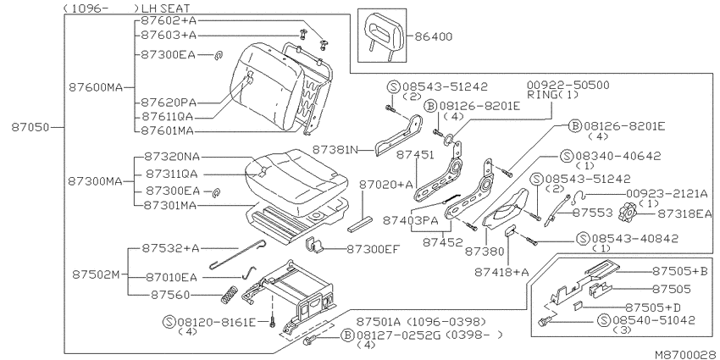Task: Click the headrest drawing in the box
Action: click(x=382, y=35)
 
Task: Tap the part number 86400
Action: click(x=434, y=36)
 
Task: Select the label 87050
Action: click(x=30, y=127)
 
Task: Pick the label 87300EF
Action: click(x=373, y=249)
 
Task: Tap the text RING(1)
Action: click(x=553, y=95)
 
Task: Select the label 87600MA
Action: click(x=96, y=86)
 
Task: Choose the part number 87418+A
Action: click(x=502, y=272)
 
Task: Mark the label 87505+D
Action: click(x=653, y=307)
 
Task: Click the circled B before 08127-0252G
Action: click(x=348, y=335)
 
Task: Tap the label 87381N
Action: click(x=335, y=150)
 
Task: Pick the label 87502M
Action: click(x=96, y=274)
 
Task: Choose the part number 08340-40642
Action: click(x=618, y=156)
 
